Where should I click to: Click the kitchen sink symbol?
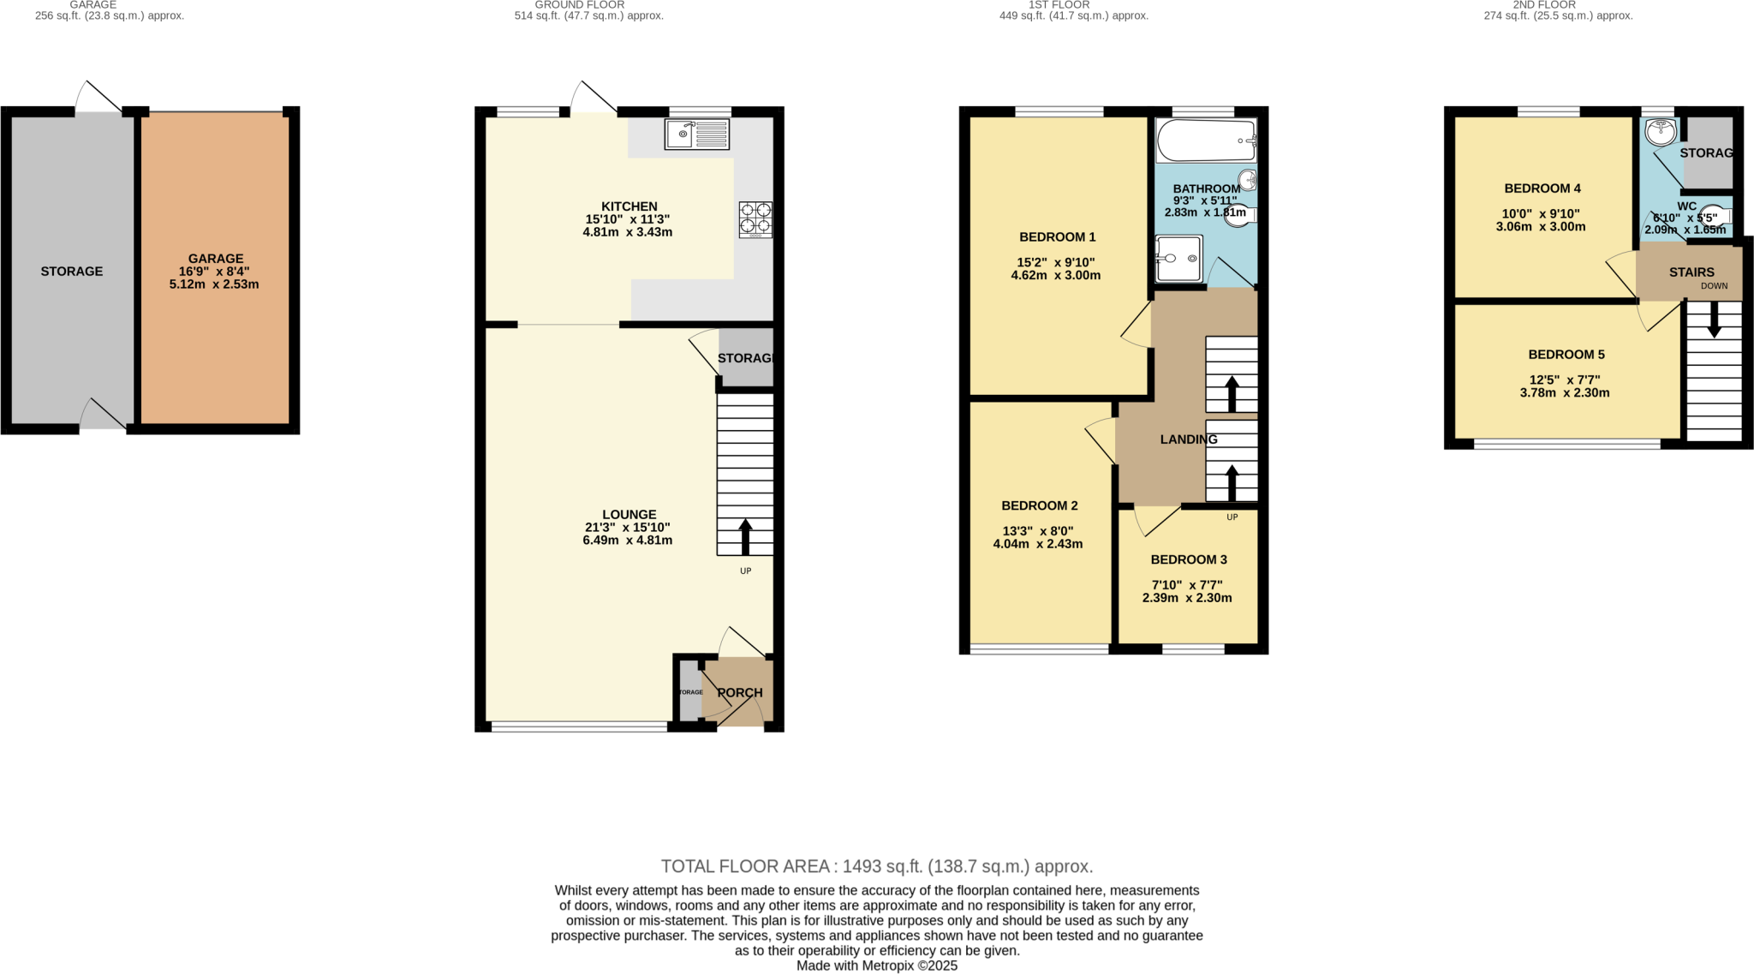[696, 134]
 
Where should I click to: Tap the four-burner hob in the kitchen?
[755, 218]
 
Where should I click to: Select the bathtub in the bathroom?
[1205, 140]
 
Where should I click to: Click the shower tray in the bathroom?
[1178, 258]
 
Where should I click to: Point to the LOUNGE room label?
[629, 515]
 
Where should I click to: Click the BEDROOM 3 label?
[1188, 559]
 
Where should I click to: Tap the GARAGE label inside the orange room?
[216, 258]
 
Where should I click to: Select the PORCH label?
[739, 692]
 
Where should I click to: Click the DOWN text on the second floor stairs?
[1714, 286]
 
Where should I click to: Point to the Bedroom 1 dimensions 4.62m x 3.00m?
[1055, 276]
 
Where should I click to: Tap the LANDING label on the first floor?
[1188, 439]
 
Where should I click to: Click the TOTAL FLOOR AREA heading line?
[876, 866]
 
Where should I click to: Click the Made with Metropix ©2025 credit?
[876, 965]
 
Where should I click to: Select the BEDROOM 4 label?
[1542, 188]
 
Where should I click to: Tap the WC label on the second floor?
[1686, 206]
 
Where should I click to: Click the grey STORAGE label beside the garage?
[71, 272]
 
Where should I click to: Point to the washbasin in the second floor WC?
[1660, 131]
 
